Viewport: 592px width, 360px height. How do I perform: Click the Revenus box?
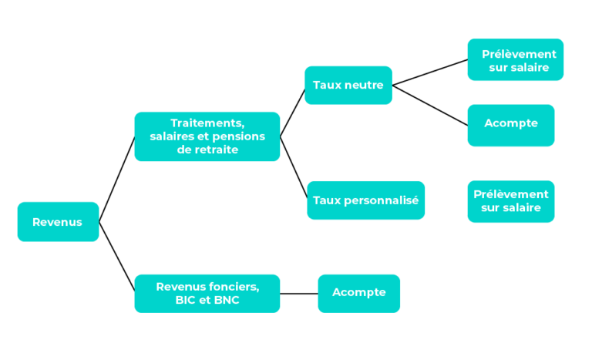[58, 222]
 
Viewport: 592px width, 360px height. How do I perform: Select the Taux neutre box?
[348, 85]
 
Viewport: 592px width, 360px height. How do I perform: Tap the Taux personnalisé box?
[366, 200]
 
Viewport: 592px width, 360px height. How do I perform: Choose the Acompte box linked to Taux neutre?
[511, 126]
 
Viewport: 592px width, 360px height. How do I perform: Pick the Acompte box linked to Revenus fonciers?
[358, 294]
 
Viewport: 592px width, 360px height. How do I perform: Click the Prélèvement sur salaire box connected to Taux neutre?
[516, 59]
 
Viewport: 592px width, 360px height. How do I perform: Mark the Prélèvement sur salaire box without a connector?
[511, 201]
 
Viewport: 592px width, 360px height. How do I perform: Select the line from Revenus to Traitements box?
[116, 179]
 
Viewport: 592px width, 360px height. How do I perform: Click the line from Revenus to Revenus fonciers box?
[116, 257]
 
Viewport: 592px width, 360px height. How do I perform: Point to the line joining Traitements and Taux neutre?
[292, 113]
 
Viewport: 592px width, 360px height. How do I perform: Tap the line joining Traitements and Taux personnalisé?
[294, 167]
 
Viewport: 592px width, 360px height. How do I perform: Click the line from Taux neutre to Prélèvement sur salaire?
[430, 72]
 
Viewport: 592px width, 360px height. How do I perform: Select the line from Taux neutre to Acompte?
[430, 106]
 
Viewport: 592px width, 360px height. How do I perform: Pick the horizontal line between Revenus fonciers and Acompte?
[298, 294]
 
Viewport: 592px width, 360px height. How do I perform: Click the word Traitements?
[207, 123]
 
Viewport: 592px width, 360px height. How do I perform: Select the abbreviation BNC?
[227, 300]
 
